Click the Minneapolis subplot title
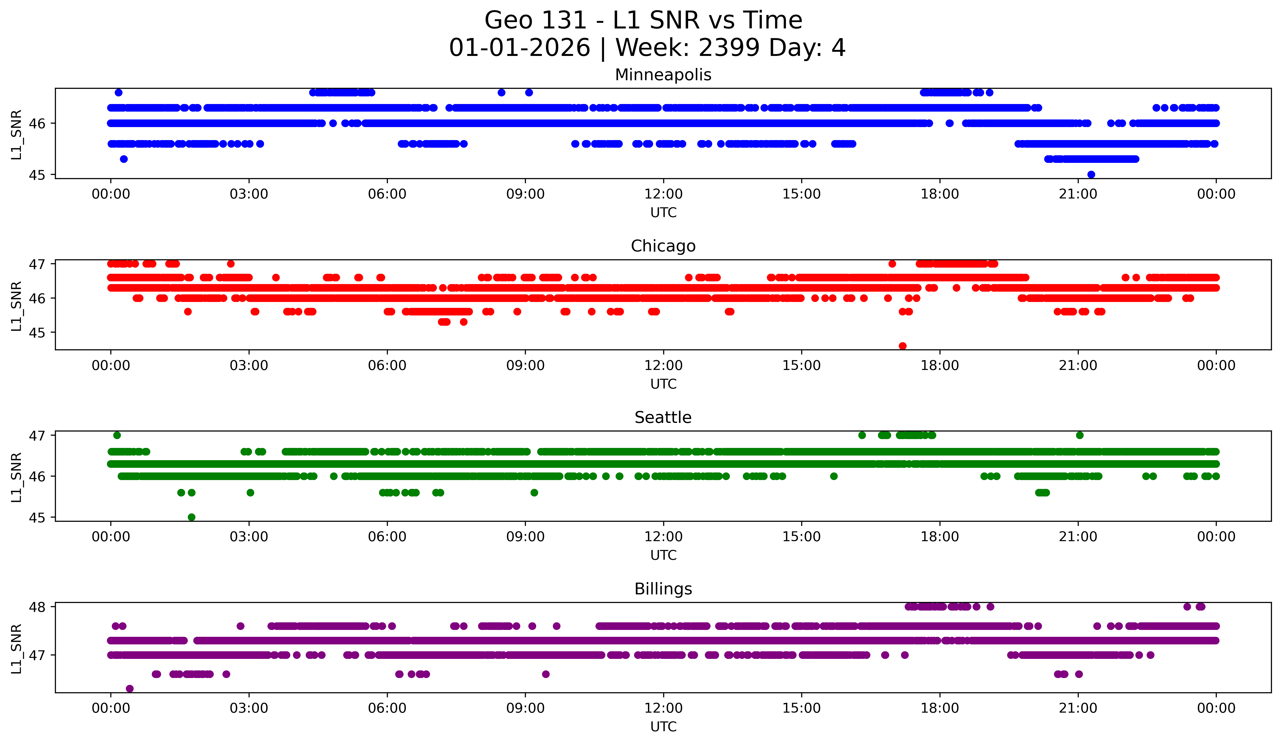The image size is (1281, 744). (663, 75)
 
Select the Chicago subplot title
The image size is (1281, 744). (663, 246)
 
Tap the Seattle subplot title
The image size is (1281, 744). (663, 418)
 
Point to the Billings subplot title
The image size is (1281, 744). (663, 589)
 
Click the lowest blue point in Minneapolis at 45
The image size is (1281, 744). (1091, 174)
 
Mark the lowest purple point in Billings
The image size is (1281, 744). (130, 689)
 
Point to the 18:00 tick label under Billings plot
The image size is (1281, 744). (939, 708)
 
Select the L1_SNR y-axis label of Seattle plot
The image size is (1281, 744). (16, 477)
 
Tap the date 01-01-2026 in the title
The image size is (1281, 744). (520, 48)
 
